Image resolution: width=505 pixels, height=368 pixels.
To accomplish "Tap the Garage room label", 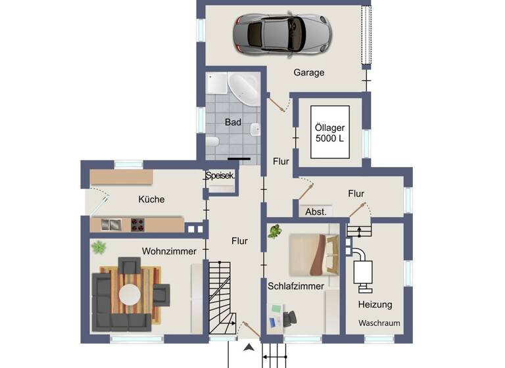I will (308, 73).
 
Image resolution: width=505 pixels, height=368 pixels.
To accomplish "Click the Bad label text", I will (233, 122).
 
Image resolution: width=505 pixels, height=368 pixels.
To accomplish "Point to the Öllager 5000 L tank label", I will (330, 133).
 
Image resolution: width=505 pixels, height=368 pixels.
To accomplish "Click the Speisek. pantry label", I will (220, 176).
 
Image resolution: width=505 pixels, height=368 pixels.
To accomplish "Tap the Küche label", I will (151, 199).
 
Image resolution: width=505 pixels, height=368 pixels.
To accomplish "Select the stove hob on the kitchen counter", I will (137, 225).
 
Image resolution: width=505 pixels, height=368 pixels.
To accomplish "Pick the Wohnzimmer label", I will (169, 251).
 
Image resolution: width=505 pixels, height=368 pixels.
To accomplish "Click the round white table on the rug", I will (131, 293).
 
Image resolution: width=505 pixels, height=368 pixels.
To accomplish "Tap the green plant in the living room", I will (99, 248).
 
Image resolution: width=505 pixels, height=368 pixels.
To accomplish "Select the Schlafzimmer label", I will (296, 286).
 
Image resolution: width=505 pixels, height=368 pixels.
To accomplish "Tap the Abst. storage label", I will (316, 212).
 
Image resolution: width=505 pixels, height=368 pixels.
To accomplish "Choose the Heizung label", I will (375, 304).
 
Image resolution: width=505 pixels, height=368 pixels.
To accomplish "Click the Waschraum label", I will (379, 323).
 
